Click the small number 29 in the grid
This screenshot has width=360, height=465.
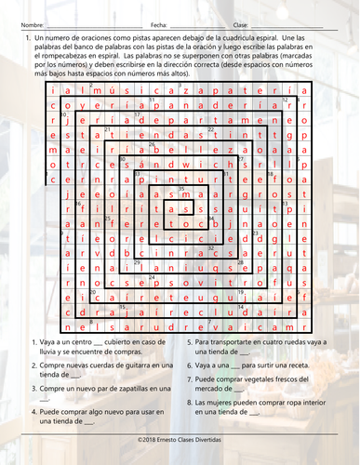pyautogui.click(x=137, y=261)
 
